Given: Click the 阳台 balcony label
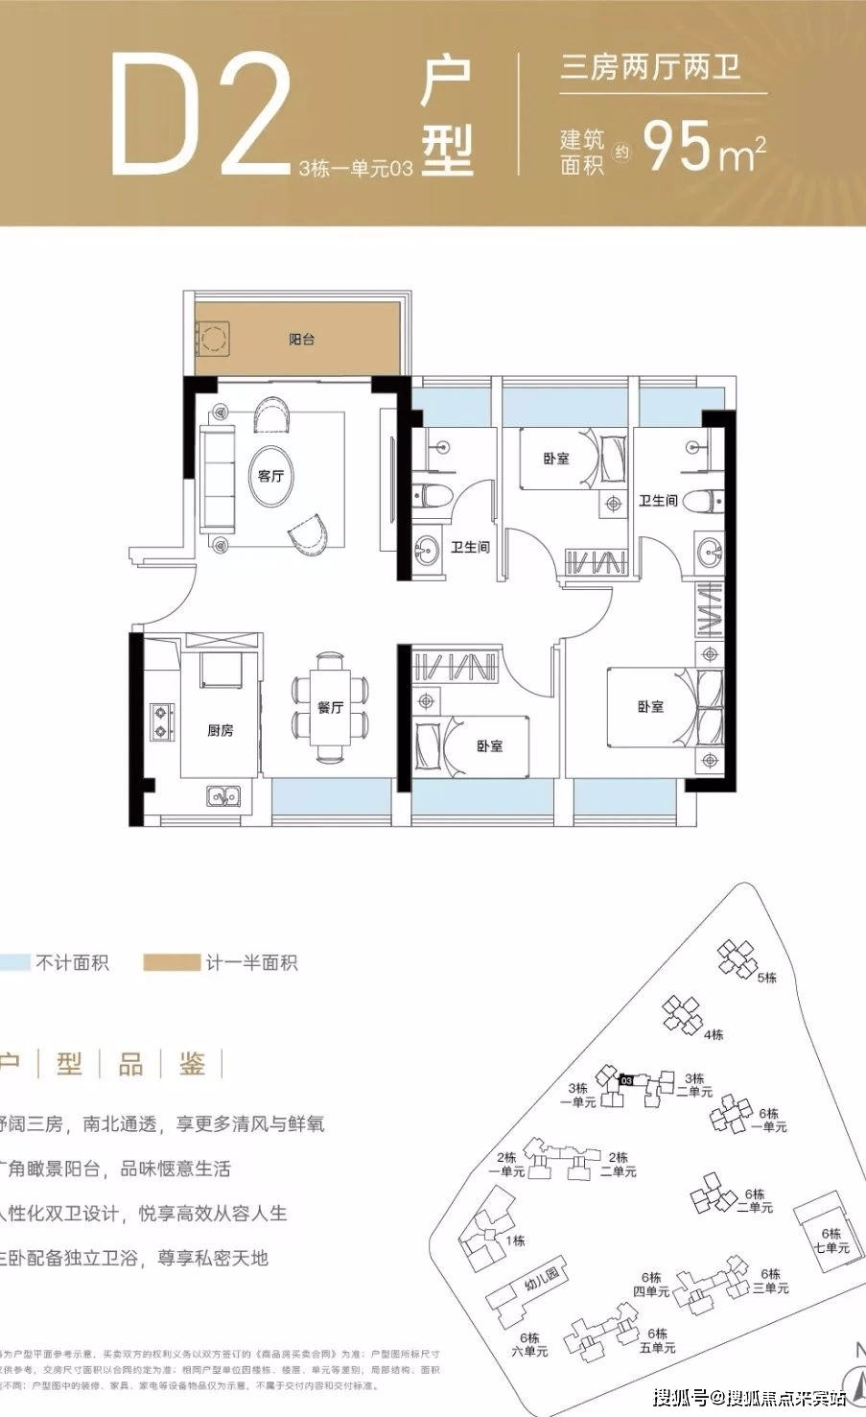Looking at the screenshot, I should (302, 340).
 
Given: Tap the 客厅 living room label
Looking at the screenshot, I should (271, 476).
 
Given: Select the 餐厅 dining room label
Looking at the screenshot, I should (330, 707).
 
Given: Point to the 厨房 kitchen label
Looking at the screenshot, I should (221, 731).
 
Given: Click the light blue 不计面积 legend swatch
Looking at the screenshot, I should (14, 962).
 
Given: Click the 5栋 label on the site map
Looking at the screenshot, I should (766, 978).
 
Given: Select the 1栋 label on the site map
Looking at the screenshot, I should (516, 1240).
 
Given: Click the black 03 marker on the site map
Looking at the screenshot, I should (626, 1079).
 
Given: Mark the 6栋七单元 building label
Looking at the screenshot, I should (831, 1240).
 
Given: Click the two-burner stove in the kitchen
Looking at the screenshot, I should (161, 721).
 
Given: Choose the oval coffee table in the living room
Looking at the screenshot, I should (271, 475).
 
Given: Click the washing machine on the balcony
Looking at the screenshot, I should (213, 338).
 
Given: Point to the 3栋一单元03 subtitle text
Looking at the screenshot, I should (356, 170).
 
